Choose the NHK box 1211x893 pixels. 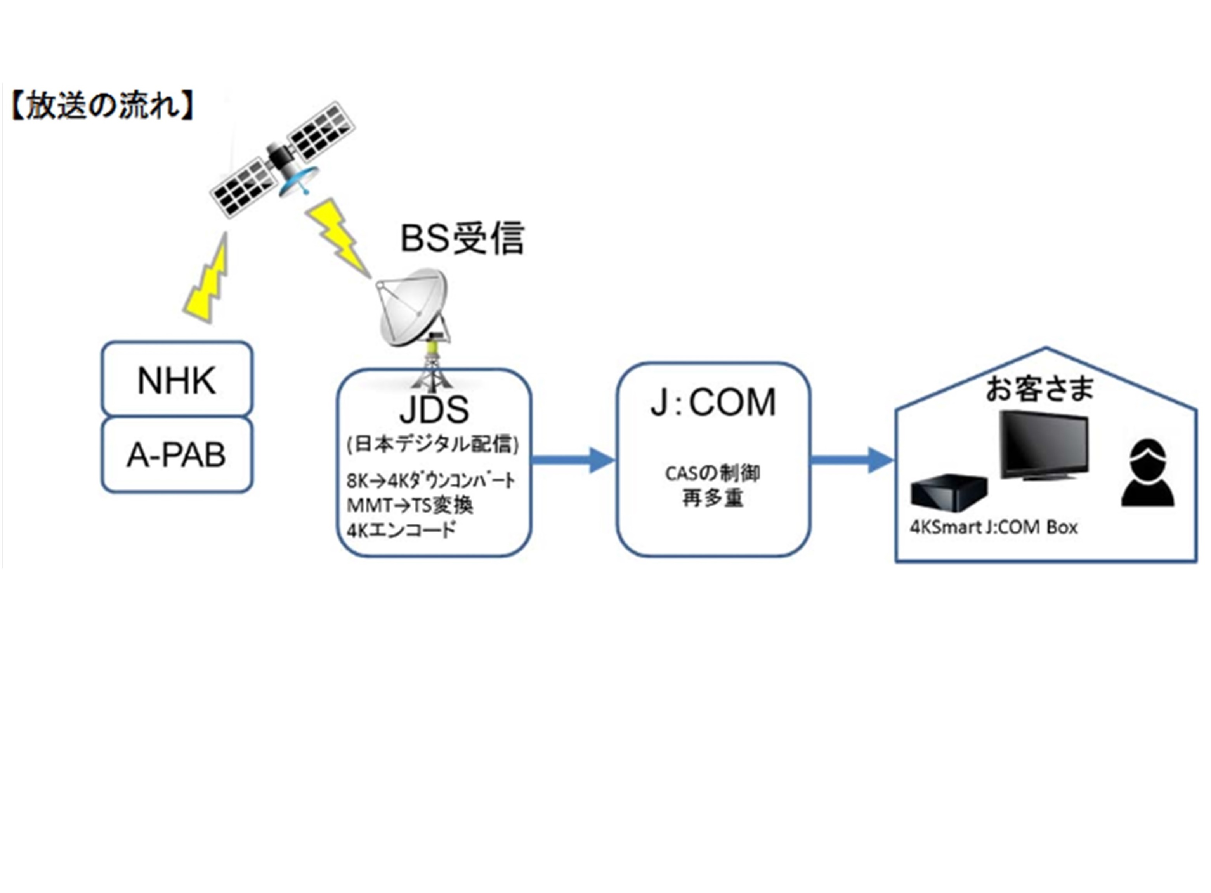coord(177,380)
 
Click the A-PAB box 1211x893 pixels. coord(177,455)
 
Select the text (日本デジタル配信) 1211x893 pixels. coord(432,444)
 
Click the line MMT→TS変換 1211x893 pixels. coord(410,505)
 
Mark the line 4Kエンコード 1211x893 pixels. coord(401,530)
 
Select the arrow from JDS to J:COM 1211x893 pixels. coord(573,460)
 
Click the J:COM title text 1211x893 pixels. coord(713,403)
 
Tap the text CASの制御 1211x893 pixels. coord(713,473)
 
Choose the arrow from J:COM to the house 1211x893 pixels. coord(852,460)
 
